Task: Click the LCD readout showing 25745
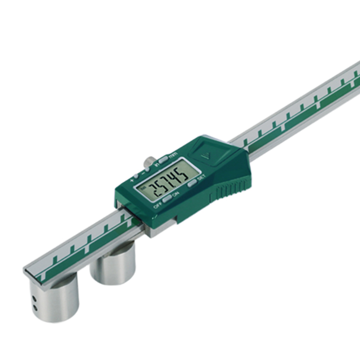[163, 180]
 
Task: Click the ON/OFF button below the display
[166, 198]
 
